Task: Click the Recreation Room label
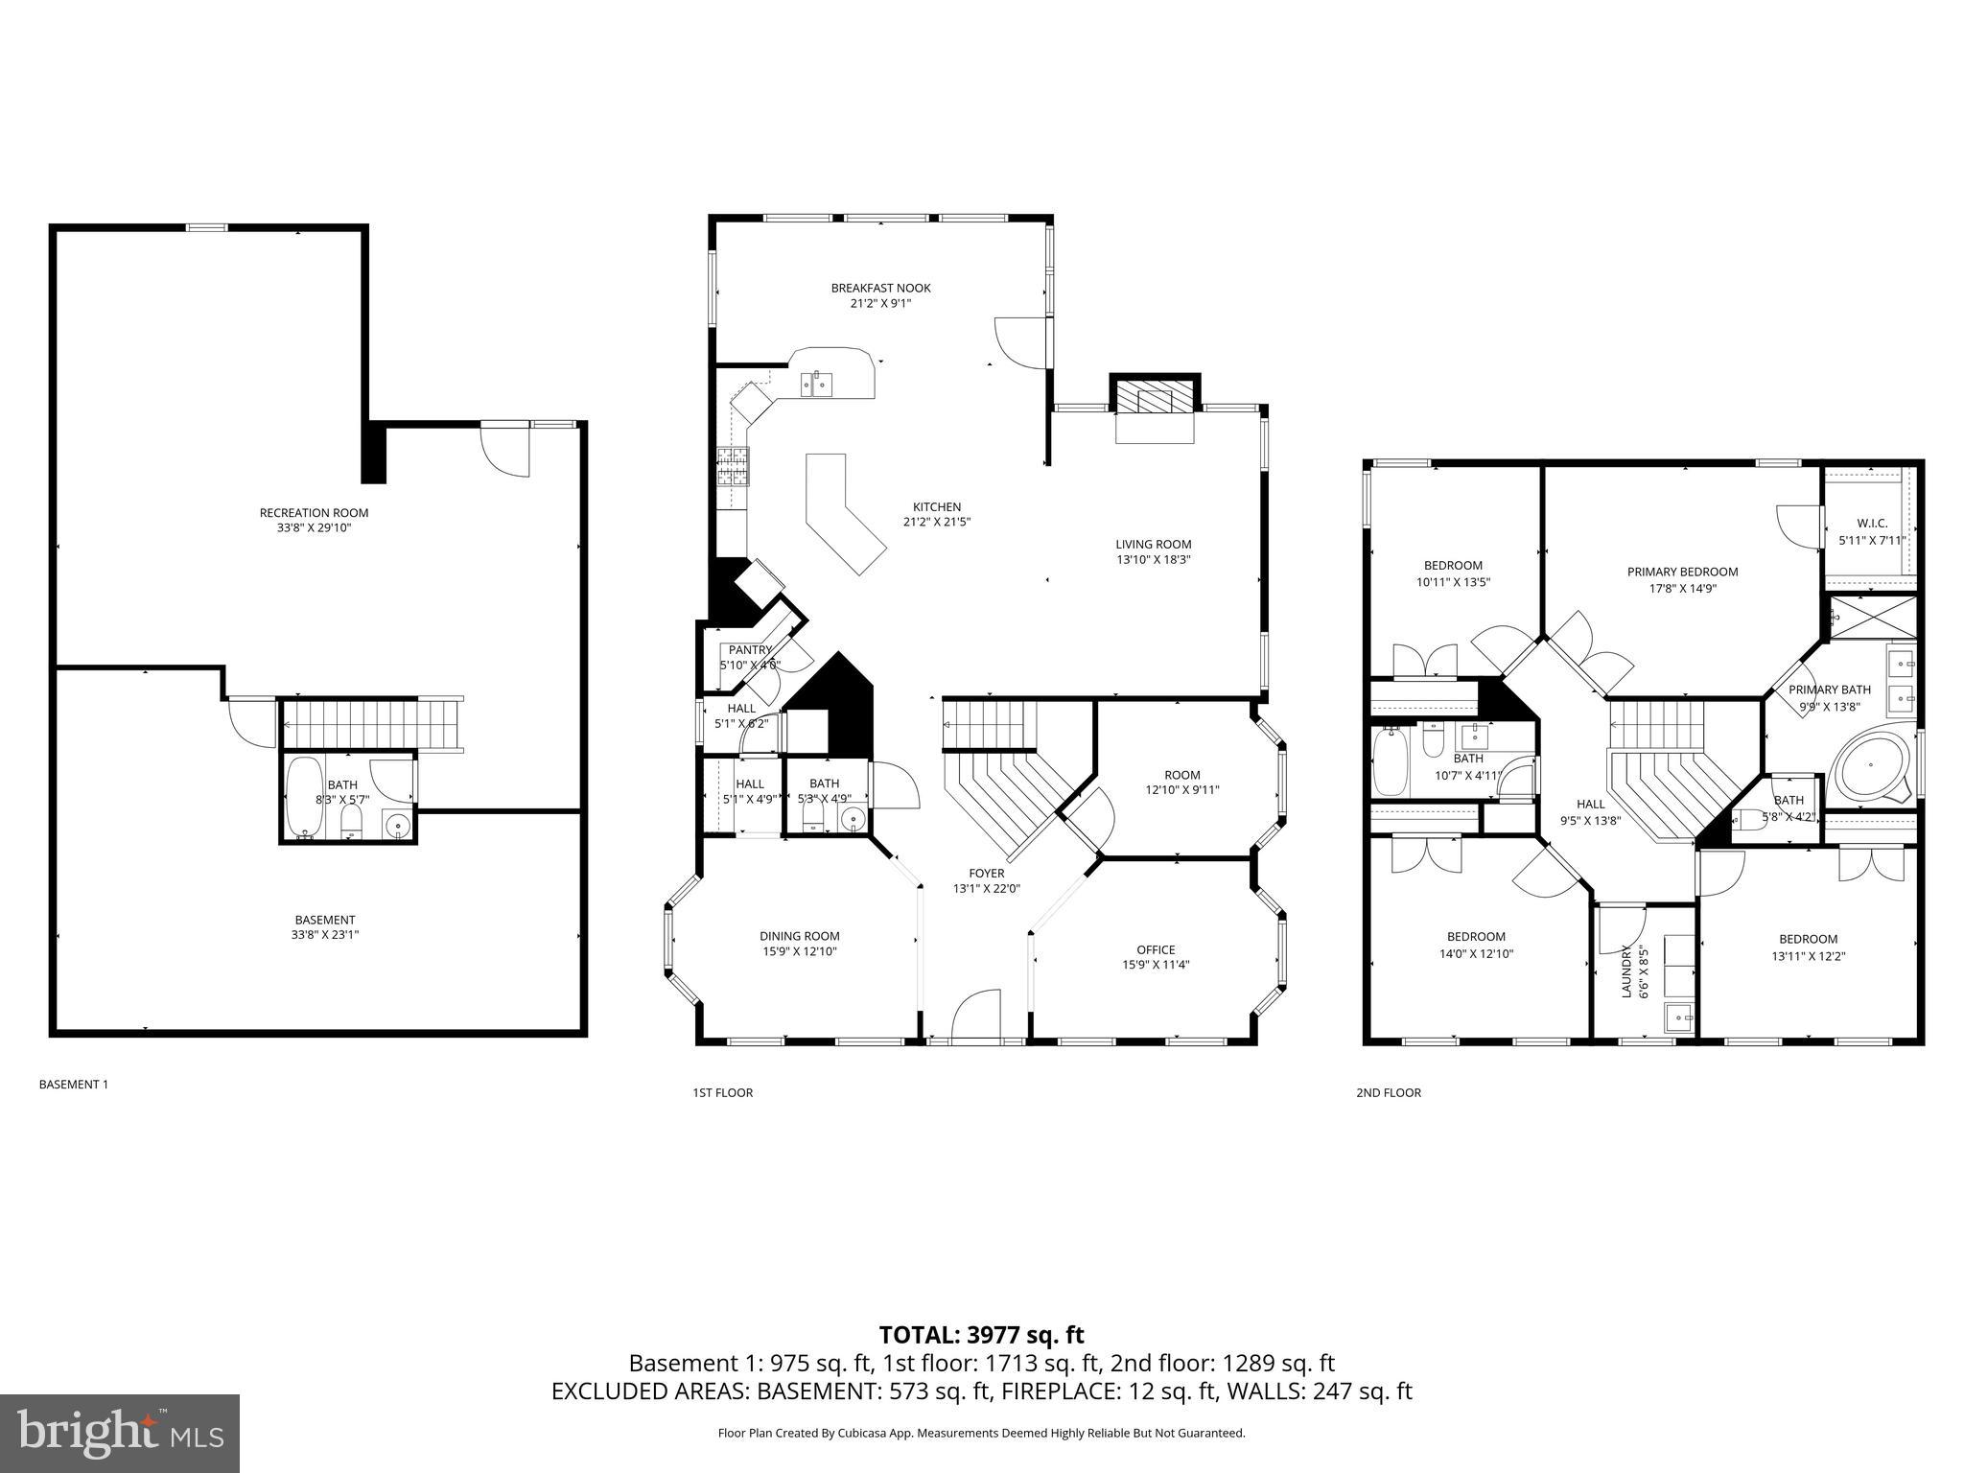coord(314,513)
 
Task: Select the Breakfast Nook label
coord(880,288)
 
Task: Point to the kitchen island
coord(842,514)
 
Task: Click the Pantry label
coord(750,650)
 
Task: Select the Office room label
coord(1156,949)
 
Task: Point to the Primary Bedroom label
coord(1682,572)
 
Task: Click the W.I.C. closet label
coord(1871,524)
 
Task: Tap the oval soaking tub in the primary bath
coord(1871,766)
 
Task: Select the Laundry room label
coord(1626,970)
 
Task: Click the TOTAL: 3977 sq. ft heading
coord(981,1335)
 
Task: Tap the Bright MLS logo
coord(120,1433)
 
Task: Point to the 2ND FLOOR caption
coord(1388,1092)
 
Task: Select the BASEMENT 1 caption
coord(73,1085)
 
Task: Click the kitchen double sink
coord(817,385)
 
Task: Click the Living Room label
coord(1153,544)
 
